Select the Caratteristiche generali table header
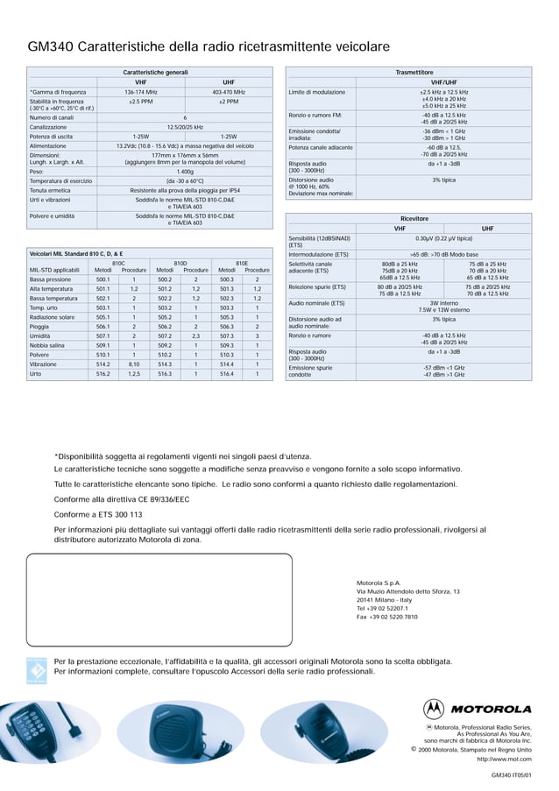click(154, 71)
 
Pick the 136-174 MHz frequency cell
click(140, 91)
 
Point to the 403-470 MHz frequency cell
click(229, 91)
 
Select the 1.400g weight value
click(185, 172)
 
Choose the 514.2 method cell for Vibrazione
click(103, 364)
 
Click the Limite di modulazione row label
click(317, 92)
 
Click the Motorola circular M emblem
click(434, 709)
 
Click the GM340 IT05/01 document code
click(511, 776)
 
